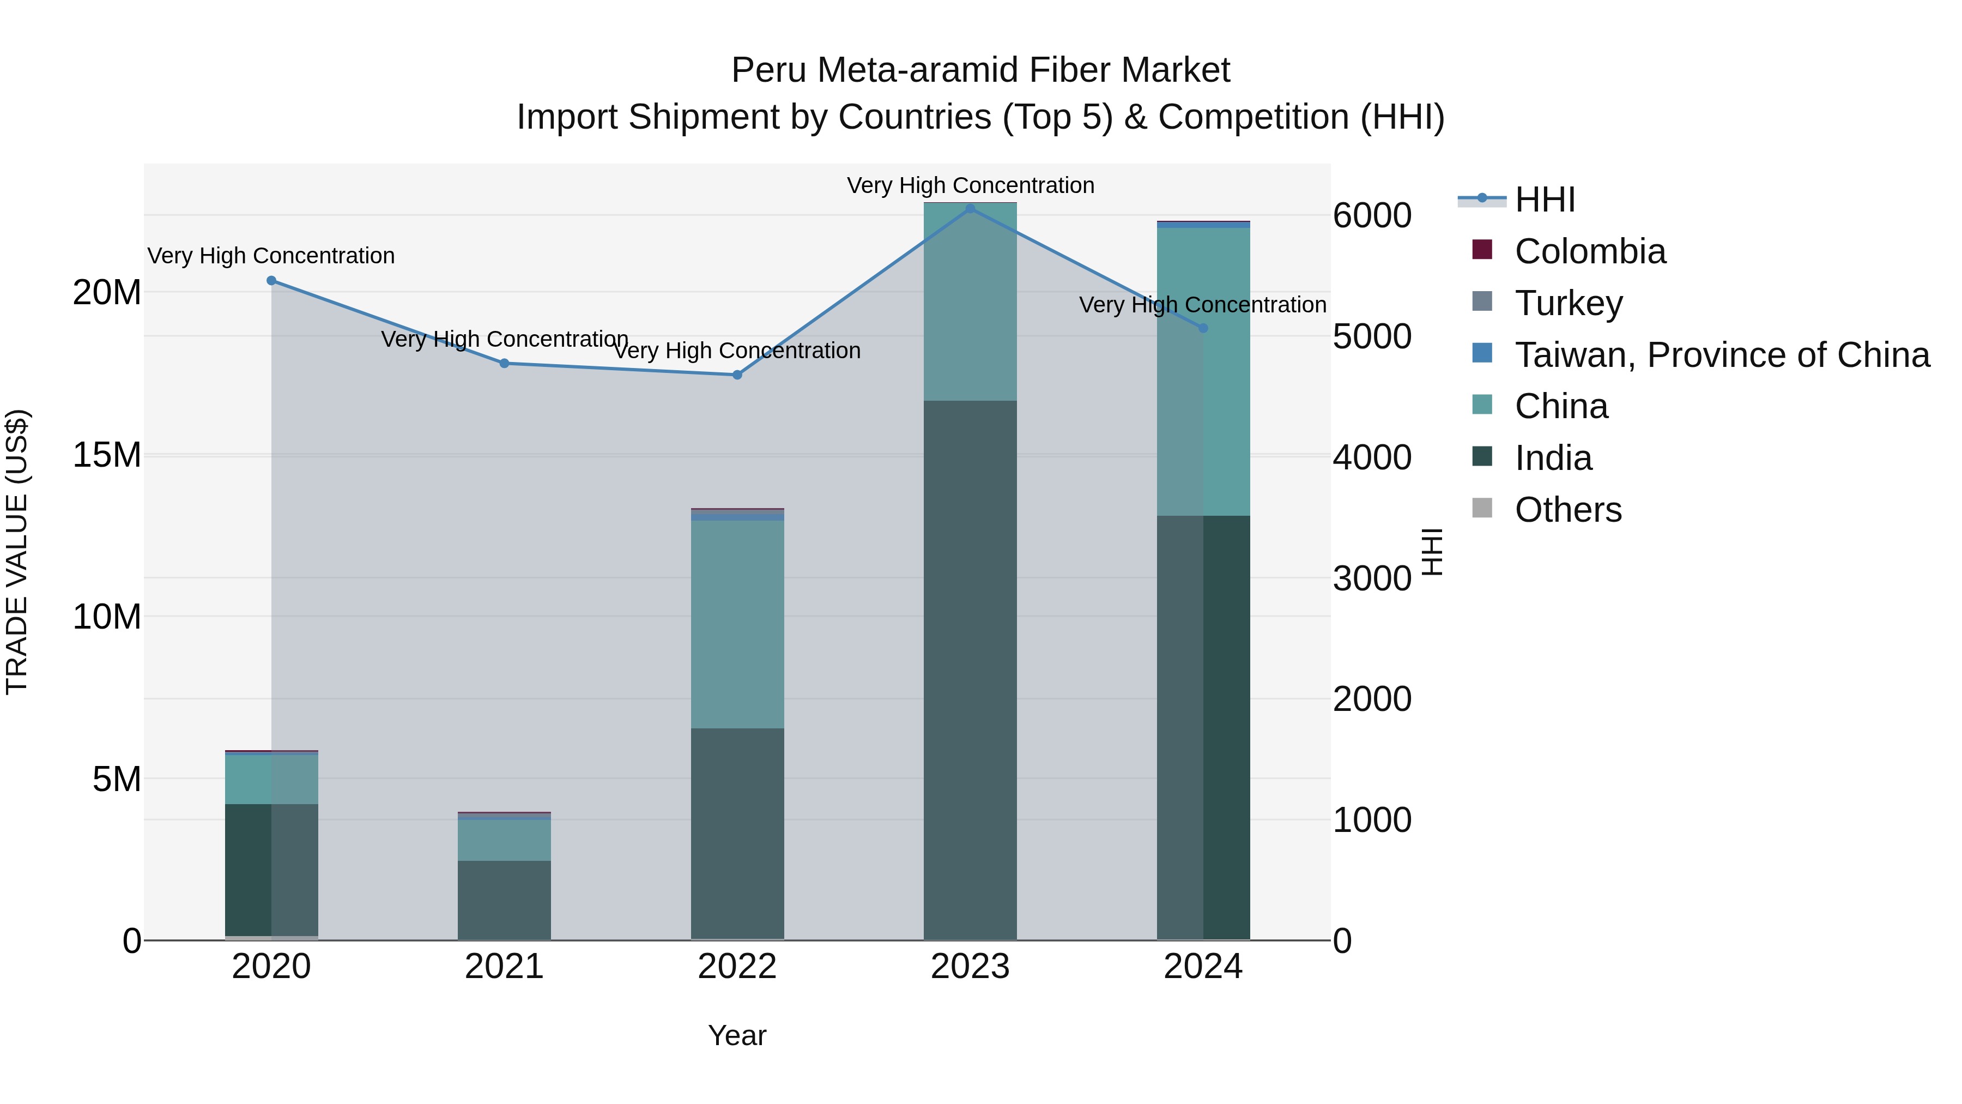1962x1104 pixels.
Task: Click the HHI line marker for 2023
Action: click(x=970, y=208)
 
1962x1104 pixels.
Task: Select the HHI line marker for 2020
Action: click(x=271, y=280)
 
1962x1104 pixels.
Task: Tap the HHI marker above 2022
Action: click(x=736, y=375)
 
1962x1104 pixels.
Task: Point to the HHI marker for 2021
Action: click(x=504, y=364)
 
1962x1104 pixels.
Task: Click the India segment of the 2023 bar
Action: click(x=970, y=671)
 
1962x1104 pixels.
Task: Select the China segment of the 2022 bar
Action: click(x=736, y=624)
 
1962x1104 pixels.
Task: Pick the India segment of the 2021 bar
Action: click(x=504, y=900)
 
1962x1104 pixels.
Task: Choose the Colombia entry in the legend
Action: click(x=1590, y=251)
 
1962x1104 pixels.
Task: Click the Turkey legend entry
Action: click(x=1568, y=303)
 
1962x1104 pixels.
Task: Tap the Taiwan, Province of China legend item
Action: click(x=1721, y=355)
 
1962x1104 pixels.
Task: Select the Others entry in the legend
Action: click(x=1567, y=510)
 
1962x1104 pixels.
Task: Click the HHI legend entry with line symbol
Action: click(x=1544, y=200)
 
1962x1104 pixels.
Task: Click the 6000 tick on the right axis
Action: click(x=1372, y=215)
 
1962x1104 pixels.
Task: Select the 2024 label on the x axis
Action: click(x=1203, y=967)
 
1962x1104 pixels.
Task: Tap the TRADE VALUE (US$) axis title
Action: click(x=17, y=552)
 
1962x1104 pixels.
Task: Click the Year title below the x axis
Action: click(x=736, y=1035)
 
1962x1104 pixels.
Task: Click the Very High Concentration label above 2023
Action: click(x=970, y=185)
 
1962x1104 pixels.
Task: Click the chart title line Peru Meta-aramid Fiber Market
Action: click(x=980, y=70)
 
